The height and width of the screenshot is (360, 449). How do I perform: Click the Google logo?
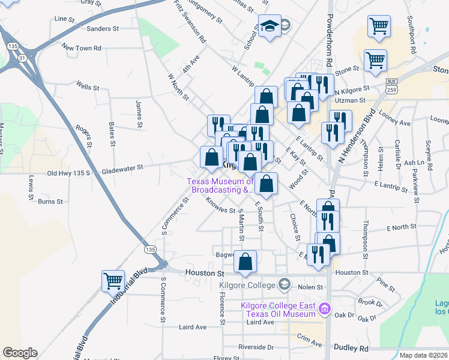point(19,353)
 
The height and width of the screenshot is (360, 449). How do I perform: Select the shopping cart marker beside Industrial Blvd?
point(113,280)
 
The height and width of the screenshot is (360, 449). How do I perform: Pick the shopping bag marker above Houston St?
point(245,262)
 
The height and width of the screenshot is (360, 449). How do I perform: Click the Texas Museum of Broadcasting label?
point(220,185)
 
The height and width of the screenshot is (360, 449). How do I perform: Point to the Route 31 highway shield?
point(22,58)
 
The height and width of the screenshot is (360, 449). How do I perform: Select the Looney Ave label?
point(397,122)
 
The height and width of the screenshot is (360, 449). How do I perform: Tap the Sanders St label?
point(103,28)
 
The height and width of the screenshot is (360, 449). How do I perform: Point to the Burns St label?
point(50,202)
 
